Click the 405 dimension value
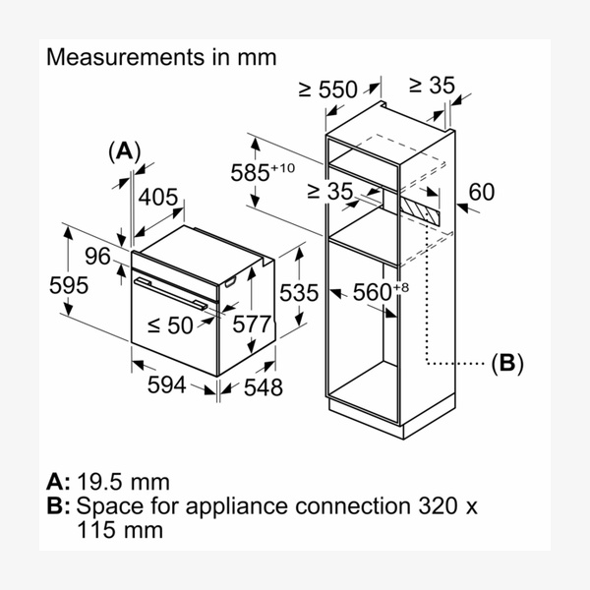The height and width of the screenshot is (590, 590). pos(157,198)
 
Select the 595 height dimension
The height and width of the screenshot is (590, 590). pos(69,285)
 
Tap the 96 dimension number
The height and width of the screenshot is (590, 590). pos(96,257)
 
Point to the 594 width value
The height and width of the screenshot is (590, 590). pos(166,384)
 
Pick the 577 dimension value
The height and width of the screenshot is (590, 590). pos(252,324)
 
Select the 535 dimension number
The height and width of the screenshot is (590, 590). pos(299,292)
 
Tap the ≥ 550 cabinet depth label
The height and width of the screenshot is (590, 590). pos(327,89)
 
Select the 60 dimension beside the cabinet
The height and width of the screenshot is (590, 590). pos(482,193)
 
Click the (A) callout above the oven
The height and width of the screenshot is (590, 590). pos(125,150)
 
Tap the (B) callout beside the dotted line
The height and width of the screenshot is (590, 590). pos(506,363)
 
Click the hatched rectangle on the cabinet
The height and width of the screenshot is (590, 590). pos(421,208)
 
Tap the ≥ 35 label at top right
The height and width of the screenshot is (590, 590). pos(432,86)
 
